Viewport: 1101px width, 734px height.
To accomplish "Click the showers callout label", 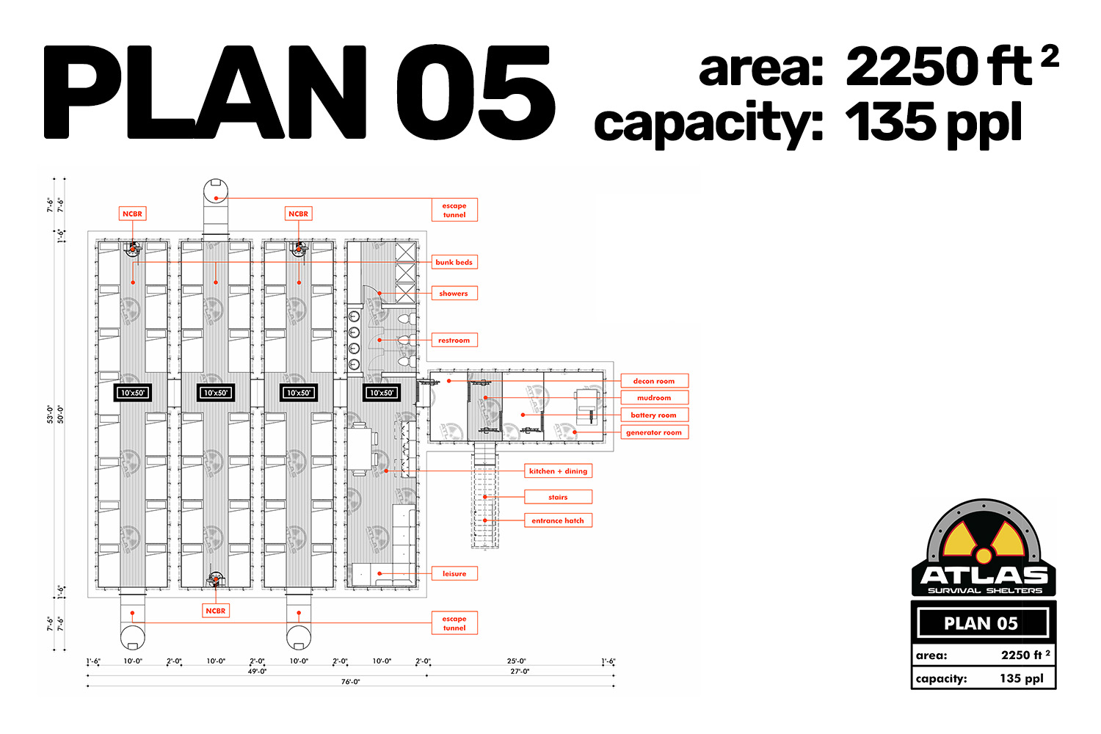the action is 454,293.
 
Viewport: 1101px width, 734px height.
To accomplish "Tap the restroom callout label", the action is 454,340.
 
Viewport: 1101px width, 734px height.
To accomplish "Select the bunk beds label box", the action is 454,262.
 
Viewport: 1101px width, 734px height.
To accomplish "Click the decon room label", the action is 654,381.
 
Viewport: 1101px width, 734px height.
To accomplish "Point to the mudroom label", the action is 654,398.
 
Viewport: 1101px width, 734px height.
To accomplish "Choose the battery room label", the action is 654,415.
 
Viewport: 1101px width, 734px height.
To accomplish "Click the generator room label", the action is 654,432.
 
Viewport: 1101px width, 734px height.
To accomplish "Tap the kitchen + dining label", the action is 559,471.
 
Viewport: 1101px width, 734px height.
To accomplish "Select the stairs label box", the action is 559,497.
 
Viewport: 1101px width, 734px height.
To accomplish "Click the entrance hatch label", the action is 559,520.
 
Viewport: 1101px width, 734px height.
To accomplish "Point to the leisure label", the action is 454,573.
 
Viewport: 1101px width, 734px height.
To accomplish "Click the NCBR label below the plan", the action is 216,611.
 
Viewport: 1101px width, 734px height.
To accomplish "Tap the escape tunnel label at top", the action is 454,210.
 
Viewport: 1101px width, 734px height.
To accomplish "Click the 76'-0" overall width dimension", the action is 350,682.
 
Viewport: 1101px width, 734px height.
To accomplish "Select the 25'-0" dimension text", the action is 517,661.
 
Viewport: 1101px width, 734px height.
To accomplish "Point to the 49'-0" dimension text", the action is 257,672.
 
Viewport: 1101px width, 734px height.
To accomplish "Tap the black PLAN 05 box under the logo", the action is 983,623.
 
